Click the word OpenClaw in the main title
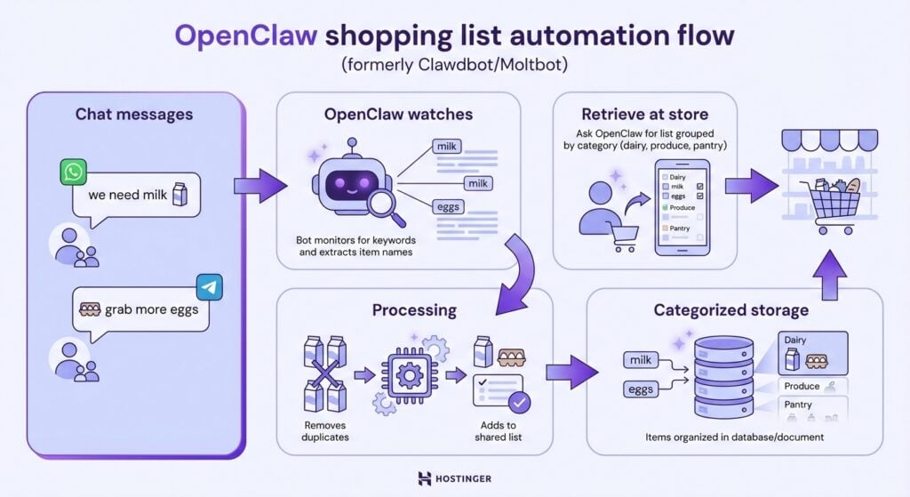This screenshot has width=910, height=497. tap(245, 36)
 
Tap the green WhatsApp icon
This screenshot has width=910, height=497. tap(74, 172)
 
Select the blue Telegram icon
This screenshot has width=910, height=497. tap(209, 288)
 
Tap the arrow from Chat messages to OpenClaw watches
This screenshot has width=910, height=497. tap(260, 184)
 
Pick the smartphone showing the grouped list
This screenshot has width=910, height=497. tap(682, 206)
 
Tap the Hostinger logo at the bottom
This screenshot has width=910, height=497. tap(454, 478)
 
